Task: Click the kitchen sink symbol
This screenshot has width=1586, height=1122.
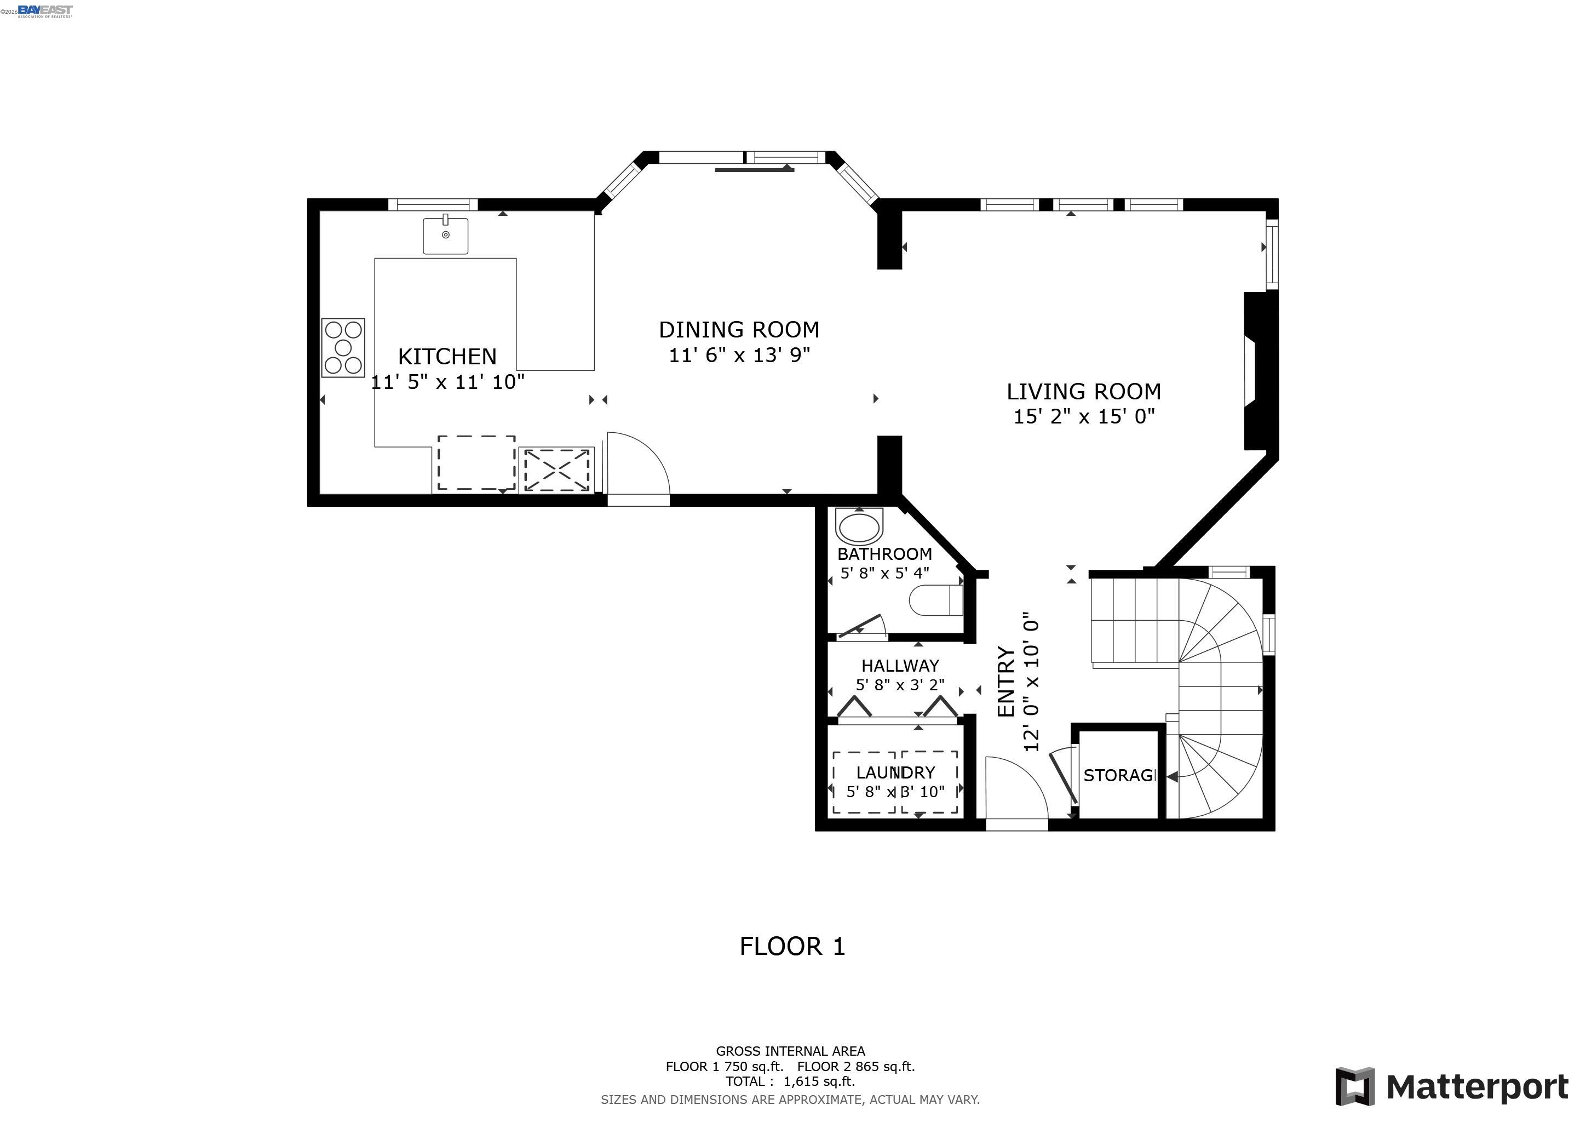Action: (446, 236)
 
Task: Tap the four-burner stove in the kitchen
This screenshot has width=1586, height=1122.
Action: (343, 347)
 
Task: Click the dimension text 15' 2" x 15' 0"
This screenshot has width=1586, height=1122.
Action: (1084, 416)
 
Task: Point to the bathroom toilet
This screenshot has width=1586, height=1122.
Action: (936, 600)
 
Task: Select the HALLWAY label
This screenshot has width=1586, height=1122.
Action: (899, 665)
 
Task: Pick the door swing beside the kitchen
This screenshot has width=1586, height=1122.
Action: (637, 463)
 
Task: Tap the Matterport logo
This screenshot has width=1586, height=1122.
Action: (1451, 1087)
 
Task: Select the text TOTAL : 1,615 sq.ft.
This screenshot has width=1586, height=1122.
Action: (790, 1081)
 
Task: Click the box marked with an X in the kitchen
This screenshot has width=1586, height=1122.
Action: (556, 470)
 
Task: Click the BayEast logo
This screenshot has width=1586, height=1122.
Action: (44, 10)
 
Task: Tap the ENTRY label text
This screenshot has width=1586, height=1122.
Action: (1005, 681)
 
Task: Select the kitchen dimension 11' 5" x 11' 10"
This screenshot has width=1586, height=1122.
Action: (447, 381)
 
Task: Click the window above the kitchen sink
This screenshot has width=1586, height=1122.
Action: (433, 204)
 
